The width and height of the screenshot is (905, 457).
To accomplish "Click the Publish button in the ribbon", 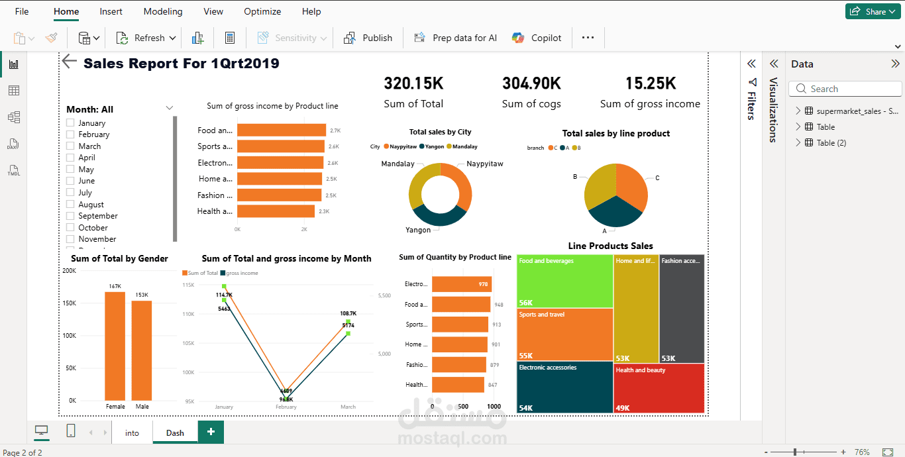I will pos(368,38).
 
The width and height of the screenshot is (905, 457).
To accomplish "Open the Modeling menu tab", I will pos(163,11).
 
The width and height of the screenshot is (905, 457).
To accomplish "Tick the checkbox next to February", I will pos(70,134).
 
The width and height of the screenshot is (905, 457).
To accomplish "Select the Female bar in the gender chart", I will pos(115,345).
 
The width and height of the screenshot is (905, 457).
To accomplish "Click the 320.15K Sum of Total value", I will pos(413,83).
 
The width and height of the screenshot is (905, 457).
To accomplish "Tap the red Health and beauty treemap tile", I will pos(659,388).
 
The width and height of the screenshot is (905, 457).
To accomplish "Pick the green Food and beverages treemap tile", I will pos(564,281).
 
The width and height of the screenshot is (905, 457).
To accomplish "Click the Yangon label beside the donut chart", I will pos(418,230).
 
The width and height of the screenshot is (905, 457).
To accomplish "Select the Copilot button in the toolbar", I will pos(537,38).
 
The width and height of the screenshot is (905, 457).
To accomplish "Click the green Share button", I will pos(873,11).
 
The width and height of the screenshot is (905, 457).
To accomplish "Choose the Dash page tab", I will pos(175,432).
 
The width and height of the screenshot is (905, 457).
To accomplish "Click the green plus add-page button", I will pos(211,432).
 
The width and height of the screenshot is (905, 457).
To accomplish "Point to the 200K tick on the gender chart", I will pos(70,270).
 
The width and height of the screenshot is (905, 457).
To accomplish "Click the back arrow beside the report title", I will pos(70,62).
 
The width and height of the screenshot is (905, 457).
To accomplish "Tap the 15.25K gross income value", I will pos(650,83).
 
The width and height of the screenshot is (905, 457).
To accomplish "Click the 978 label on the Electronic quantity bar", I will pos(483,284).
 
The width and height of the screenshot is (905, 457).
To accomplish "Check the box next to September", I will pos(70,216).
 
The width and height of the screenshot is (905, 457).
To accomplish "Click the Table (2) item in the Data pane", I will pos(831,142).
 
